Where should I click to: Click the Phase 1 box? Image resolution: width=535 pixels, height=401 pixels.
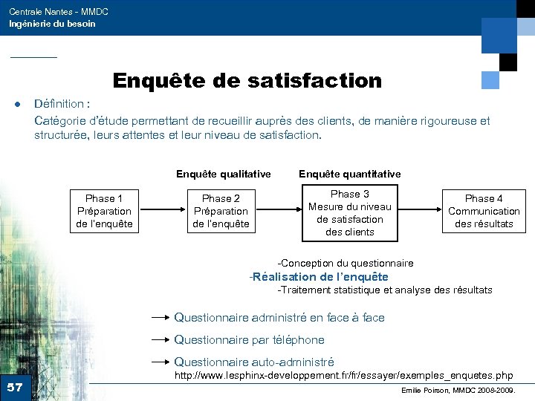coord(104,211)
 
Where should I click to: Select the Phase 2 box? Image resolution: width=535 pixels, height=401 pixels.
coord(221,211)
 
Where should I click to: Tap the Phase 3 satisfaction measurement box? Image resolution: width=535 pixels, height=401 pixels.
coord(349,213)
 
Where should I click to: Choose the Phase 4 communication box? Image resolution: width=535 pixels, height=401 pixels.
coord(484,211)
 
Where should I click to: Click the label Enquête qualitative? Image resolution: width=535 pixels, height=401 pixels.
coord(223,174)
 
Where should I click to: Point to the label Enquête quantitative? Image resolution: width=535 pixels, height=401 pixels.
coord(349,174)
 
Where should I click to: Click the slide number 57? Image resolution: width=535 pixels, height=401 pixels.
coord(15,387)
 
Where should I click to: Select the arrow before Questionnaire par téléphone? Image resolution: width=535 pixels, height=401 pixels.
coord(160,340)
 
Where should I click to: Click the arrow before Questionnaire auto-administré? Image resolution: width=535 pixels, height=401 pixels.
coord(160,362)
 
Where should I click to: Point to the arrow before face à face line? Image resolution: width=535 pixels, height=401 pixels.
coord(160,317)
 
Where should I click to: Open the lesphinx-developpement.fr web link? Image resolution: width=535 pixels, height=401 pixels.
coord(343,376)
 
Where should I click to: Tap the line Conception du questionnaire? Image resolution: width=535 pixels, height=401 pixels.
coord(346,263)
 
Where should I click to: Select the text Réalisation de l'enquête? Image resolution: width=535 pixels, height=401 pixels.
coord(319,277)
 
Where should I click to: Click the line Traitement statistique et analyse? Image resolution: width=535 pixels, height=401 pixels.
coord(384,290)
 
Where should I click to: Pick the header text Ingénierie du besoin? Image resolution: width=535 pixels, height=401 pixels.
coord(52,24)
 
